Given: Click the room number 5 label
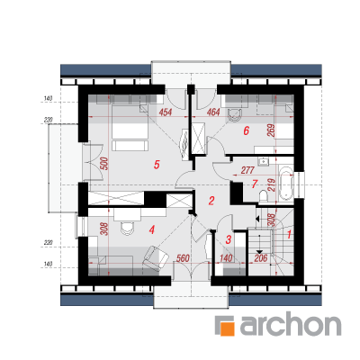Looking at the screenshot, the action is pos(157,165).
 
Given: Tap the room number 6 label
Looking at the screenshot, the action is pos(247,130).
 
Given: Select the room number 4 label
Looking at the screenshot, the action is pos(152,230).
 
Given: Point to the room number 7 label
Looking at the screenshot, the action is pos(255,184).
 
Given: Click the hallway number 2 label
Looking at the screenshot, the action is pos(211,201).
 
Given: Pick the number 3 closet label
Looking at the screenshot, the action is pos(229,239).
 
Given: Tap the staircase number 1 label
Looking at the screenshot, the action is pos(289,234).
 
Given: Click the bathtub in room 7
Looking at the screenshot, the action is pos(286,183).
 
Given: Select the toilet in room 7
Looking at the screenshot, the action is pos(264,195).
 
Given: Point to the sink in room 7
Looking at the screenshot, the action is pos(264,162).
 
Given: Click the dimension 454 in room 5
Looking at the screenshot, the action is pos(166,112).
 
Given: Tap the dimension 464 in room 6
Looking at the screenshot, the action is pos(213,112).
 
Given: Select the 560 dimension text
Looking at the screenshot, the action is pos(183,258).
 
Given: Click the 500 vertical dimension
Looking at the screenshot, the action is pos(104,164).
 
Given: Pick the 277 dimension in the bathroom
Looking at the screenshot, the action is pos(247,170).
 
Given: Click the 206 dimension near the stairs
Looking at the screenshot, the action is pos(260,258).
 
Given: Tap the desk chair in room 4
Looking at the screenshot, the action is pos(127,229).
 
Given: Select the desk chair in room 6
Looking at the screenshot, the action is pos(234,115).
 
